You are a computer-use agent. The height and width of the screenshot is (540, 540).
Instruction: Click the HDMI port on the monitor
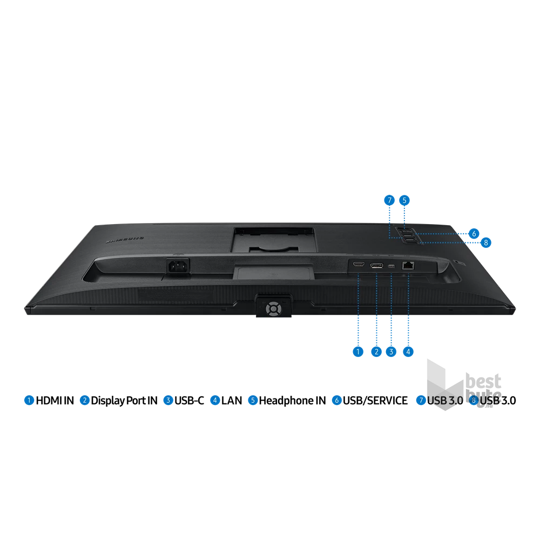[359, 264]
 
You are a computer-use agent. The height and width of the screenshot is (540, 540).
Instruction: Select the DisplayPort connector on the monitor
[376, 266]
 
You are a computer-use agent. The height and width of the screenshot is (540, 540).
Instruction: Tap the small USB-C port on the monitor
[391, 266]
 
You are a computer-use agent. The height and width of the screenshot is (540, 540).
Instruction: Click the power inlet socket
[178, 266]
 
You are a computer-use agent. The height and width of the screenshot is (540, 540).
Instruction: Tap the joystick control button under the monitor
[273, 308]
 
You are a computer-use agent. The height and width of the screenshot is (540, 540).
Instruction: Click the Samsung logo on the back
[125, 240]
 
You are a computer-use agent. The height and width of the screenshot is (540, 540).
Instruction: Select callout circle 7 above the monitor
[389, 200]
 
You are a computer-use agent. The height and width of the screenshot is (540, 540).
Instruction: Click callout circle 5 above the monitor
[404, 200]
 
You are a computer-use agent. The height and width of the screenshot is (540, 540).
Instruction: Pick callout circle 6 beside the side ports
[474, 233]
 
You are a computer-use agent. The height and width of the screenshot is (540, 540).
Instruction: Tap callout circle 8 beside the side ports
[486, 242]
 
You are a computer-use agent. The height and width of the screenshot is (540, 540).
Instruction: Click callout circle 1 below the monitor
[358, 352]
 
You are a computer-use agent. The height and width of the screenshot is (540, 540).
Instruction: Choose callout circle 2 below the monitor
[376, 352]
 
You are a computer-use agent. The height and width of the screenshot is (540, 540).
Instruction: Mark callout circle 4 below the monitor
[408, 352]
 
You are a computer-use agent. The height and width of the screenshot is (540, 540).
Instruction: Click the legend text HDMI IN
[55, 401]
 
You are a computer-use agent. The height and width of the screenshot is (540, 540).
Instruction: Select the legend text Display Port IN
[124, 401]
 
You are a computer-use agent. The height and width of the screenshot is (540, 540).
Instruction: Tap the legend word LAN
[232, 401]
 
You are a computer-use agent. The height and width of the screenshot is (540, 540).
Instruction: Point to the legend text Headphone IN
[292, 401]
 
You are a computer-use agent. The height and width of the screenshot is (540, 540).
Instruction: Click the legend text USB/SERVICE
[375, 401]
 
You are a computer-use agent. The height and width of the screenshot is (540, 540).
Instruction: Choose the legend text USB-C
[189, 401]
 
